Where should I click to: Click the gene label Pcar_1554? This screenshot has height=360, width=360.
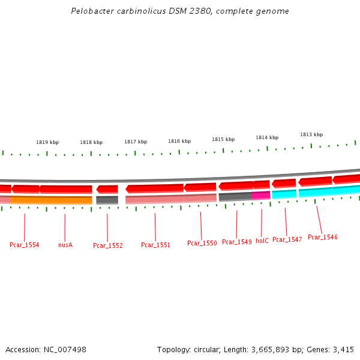[x=25, y=245]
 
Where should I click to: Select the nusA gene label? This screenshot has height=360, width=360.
[x=65, y=245]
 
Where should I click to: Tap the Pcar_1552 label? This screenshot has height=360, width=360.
[x=108, y=245]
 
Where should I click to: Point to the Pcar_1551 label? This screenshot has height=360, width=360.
[x=155, y=245]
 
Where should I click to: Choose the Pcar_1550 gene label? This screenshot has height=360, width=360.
[x=202, y=243]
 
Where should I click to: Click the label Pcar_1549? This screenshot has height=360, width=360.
[x=236, y=242]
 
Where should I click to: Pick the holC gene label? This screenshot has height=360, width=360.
[x=262, y=241]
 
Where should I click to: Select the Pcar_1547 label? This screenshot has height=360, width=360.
[x=287, y=239]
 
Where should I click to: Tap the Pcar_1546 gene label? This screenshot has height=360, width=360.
[x=322, y=237]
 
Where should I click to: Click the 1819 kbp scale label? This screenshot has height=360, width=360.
[x=47, y=142]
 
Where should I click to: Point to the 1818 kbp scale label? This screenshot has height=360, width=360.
[x=91, y=142]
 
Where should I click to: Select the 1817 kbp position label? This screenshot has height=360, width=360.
[x=136, y=142]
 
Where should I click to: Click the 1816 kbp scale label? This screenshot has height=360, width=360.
[x=179, y=141]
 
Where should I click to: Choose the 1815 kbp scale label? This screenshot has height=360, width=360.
[x=223, y=139]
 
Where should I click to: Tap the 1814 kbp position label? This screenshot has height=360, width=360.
[x=267, y=137]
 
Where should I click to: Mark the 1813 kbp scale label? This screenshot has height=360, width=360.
[x=311, y=134]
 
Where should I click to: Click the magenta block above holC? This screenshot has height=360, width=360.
[x=261, y=195]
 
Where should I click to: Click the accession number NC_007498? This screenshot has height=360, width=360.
[x=64, y=349]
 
